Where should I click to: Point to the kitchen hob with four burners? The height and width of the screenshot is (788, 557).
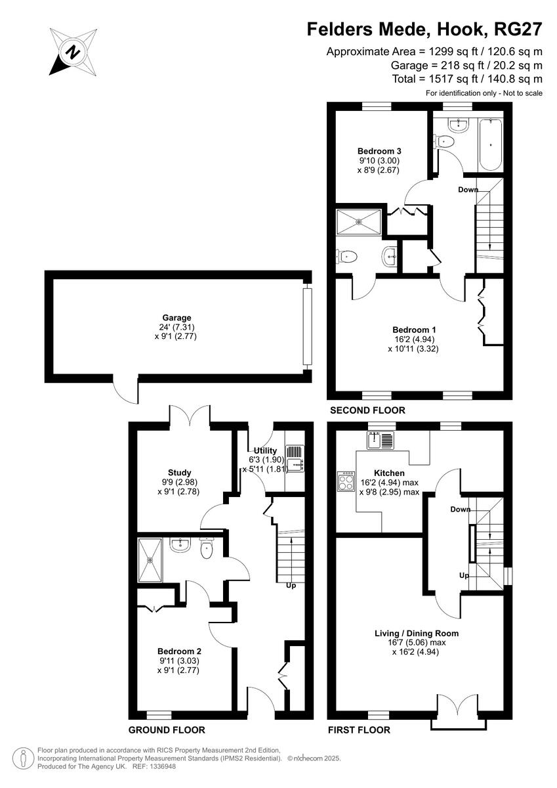(346, 481)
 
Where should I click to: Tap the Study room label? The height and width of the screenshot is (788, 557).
(180, 472)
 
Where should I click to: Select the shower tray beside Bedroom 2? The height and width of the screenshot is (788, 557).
(150, 559)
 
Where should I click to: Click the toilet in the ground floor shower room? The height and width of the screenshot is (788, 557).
(207, 549)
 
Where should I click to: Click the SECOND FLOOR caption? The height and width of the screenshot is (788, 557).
(367, 410)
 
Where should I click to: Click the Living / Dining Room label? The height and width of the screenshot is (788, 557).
(416, 634)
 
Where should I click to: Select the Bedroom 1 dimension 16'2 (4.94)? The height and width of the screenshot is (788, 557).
(413, 339)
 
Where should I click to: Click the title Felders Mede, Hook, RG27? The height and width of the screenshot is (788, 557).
(425, 29)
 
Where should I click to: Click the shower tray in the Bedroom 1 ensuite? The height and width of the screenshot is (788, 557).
(358, 221)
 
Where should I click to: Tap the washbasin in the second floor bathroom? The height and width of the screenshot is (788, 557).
(457, 124)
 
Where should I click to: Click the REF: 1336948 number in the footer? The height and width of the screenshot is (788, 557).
(150, 766)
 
